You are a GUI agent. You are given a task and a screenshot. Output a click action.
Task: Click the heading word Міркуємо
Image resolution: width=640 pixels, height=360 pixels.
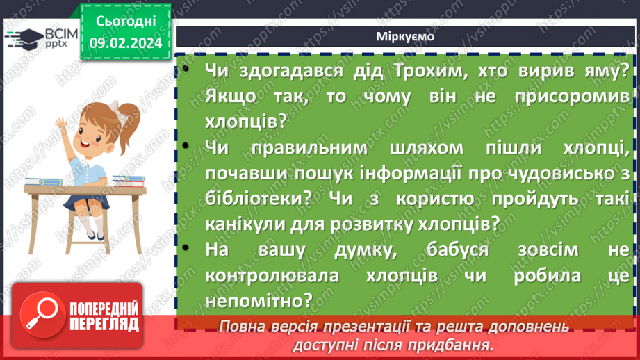pos(405,37)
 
